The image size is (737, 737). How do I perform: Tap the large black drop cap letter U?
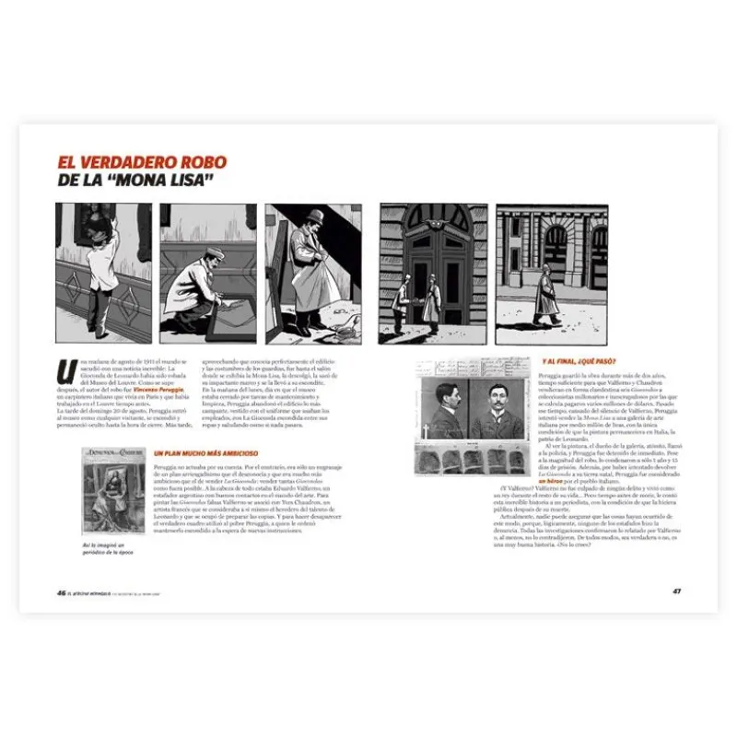click(64, 371)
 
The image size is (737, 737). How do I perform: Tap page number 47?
click(676, 591)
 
